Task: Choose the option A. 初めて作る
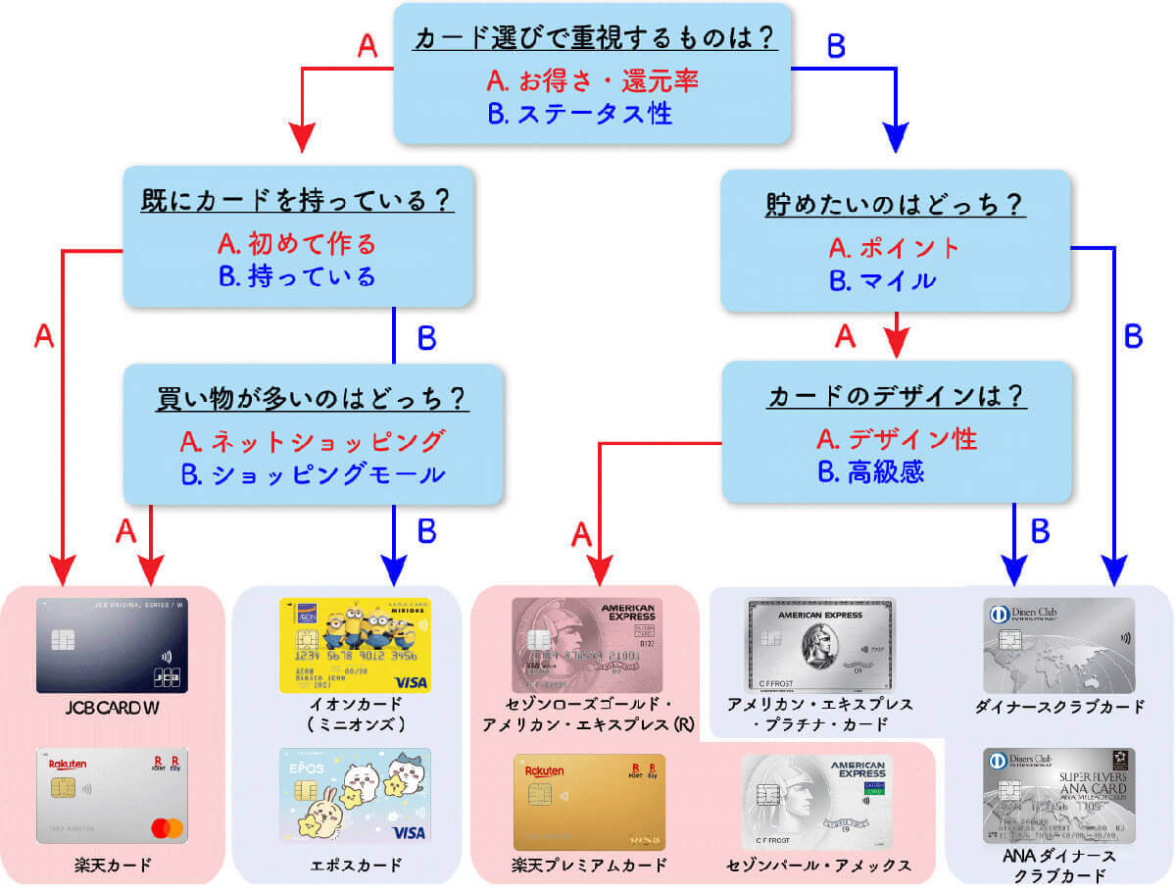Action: (x=298, y=243)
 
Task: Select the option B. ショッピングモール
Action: (x=313, y=474)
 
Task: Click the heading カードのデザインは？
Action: (x=894, y=397)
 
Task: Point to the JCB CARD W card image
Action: (x=112, y=645)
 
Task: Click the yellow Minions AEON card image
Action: (x=354, y=645)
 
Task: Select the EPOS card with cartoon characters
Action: (x=354, y=796)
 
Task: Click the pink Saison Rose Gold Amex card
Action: (x=586, y=645)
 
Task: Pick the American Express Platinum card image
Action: (x=820, y=645)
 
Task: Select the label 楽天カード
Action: (x=111, y=866)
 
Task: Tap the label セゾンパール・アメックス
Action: (x=819, y=866)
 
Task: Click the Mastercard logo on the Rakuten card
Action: (x=168, y=828)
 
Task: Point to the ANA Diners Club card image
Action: (x=1059, y=796)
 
